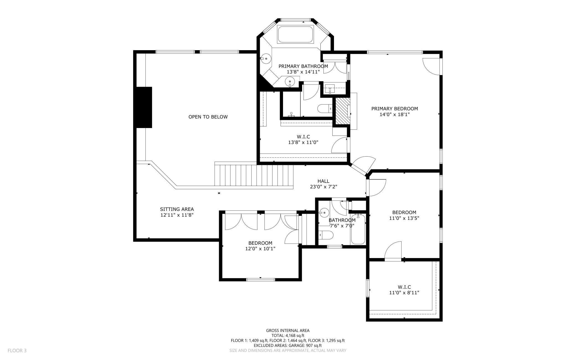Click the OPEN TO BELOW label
tap(208, 117)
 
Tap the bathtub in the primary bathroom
tap(295, 34)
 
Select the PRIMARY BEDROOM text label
tap(395, 109)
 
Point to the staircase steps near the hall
tap(254, 175)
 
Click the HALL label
tap(323, 181)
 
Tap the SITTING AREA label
tap(177, 209)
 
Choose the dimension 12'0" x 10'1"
tap(260, 249)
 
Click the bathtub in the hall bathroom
tap(358, 229)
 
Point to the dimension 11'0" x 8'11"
tap(404, 293)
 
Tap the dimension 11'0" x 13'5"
tap(404, 218)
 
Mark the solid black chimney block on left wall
tap(144, 108)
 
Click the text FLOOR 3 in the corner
tap(17, 351)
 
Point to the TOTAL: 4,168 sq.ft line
tap(288, 336)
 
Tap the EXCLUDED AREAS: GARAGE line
tap(288, 346)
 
